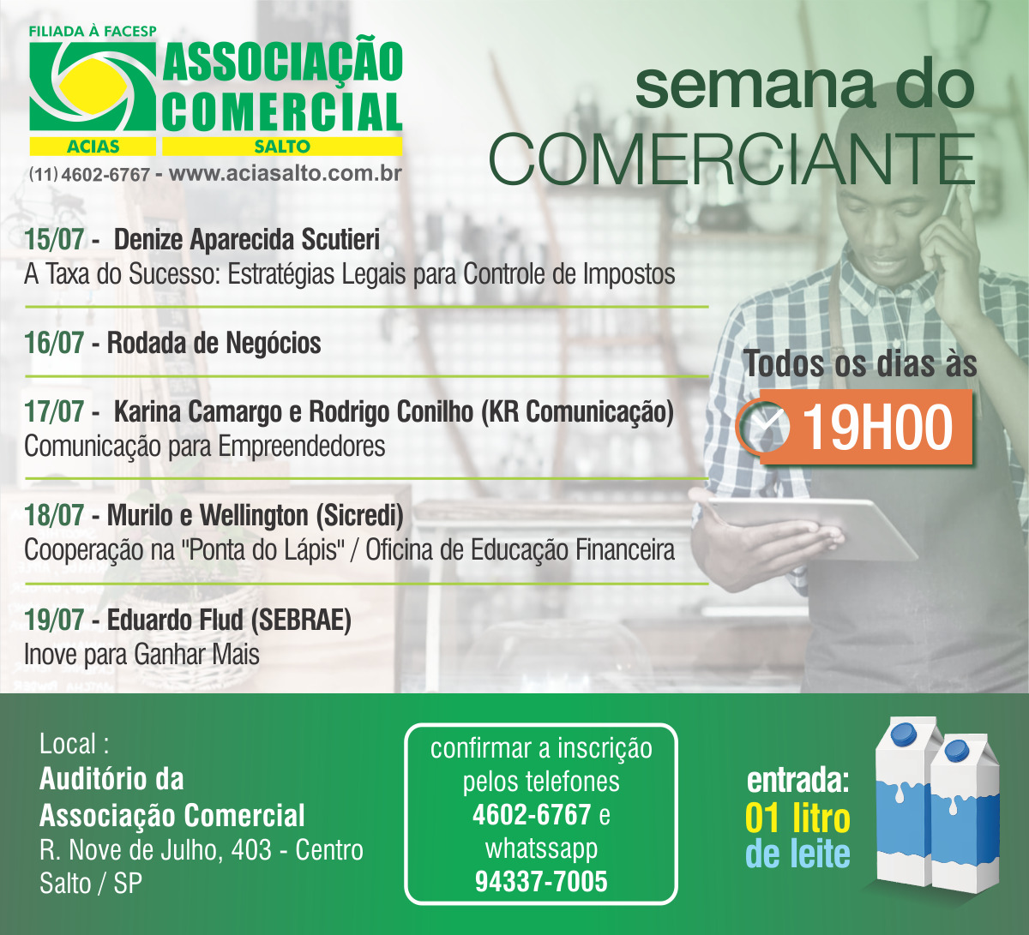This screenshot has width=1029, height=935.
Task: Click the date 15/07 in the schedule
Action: [x=54, y=239]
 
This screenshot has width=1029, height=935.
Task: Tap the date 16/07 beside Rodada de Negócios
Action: [x=54, y=343]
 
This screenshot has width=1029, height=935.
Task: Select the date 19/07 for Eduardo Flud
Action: [x=54, y=620]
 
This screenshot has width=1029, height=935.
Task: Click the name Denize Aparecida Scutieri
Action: [x=247, y=239]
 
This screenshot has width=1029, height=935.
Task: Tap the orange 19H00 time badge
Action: [x=866, y=427]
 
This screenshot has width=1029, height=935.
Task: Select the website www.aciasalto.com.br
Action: [x=286, y=174]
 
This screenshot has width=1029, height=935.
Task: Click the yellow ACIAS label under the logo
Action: [x=93, y=147]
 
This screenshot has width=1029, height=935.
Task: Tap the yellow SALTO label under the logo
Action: [x=282, y=147]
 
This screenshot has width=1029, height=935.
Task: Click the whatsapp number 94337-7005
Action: [x=541, y=882]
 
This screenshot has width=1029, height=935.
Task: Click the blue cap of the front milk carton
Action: [x=956, y=751]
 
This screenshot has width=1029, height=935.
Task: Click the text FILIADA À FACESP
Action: [x=93, y=32]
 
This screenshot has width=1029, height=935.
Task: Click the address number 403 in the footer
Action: [x=251, y=850]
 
